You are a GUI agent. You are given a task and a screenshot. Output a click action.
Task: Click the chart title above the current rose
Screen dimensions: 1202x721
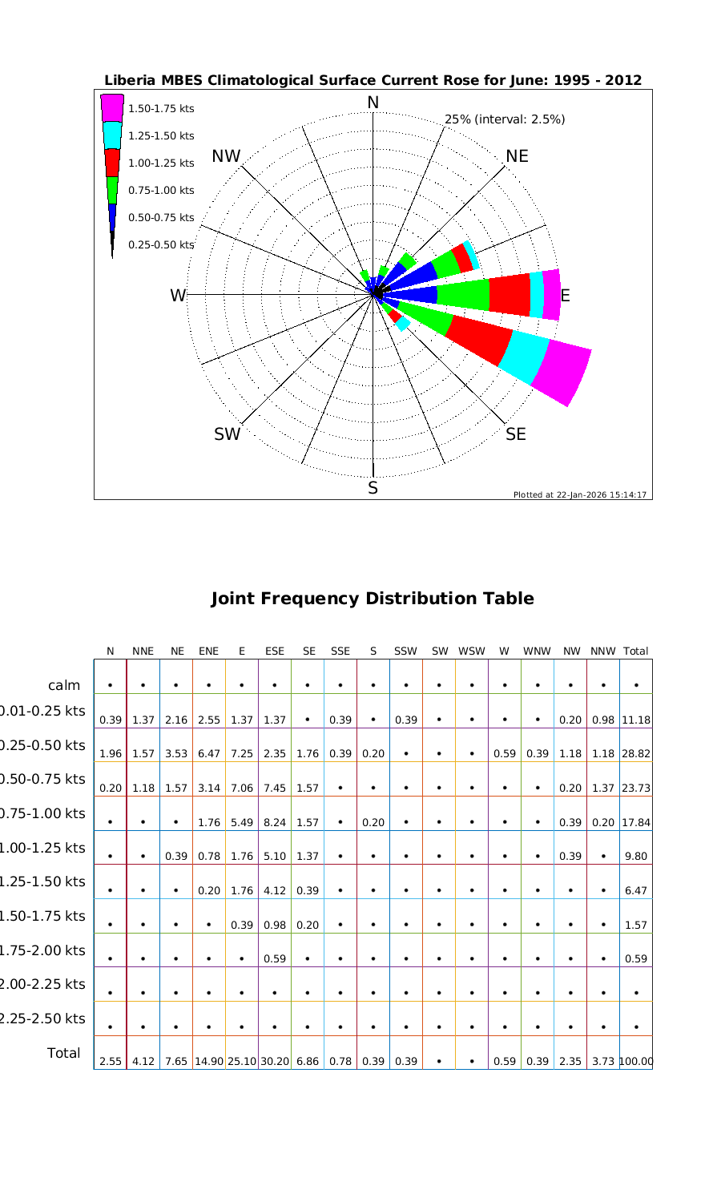pos(373,80)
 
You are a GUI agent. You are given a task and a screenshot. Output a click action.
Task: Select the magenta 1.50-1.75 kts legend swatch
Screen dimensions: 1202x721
pos(112,107)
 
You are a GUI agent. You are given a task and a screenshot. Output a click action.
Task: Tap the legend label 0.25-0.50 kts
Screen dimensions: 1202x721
pos(161,244)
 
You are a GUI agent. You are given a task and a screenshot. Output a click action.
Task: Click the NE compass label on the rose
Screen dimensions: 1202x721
pos(517,156)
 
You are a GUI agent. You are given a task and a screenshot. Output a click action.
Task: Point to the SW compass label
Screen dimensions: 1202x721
pos(227,434)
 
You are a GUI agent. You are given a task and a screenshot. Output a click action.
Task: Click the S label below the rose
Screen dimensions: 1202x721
pos(373,488)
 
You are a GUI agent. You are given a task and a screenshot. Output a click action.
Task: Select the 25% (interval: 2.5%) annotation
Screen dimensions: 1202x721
pos(505,119)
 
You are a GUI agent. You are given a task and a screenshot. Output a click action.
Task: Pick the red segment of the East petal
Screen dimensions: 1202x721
pos(510,294)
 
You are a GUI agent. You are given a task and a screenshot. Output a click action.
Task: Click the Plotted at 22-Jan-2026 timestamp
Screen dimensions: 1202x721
pos(580,494)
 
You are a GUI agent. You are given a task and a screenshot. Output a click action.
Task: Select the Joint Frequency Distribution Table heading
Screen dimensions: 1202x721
pos(373,599)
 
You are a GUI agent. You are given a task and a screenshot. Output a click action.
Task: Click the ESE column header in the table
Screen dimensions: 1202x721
pos(275,651)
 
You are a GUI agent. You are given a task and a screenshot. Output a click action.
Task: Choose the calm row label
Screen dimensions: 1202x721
pos(64,685)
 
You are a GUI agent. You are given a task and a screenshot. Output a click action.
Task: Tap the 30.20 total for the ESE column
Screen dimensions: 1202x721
pos(275,1062)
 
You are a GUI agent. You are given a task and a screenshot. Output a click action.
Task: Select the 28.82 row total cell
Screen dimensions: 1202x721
pos(635,754)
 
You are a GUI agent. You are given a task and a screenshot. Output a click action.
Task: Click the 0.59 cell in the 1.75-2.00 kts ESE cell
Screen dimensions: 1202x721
pos(275,959)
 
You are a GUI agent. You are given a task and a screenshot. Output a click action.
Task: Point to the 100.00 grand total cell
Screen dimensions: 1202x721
pos(635,1062)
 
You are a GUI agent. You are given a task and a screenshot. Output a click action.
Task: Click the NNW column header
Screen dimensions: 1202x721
pos(602,651)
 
